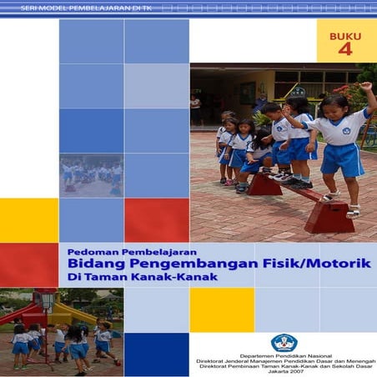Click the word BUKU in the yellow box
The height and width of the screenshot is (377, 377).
pyautogui.click(x=345, y=36)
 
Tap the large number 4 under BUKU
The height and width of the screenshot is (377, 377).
pyautogui.click(x=345, y=50)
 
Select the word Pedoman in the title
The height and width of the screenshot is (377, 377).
pyautogui.click(x=89, y=249)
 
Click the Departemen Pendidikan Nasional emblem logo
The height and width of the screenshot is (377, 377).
pyautogui.click(x=284, y=342)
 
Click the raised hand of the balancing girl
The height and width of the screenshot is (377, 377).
pyautogui.click(x=364, y=86)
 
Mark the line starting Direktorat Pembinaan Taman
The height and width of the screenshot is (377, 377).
pyautogui.click(x=284, y=366)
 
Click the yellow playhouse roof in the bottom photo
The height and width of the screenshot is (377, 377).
pyautogui.click(x=71, y=312)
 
